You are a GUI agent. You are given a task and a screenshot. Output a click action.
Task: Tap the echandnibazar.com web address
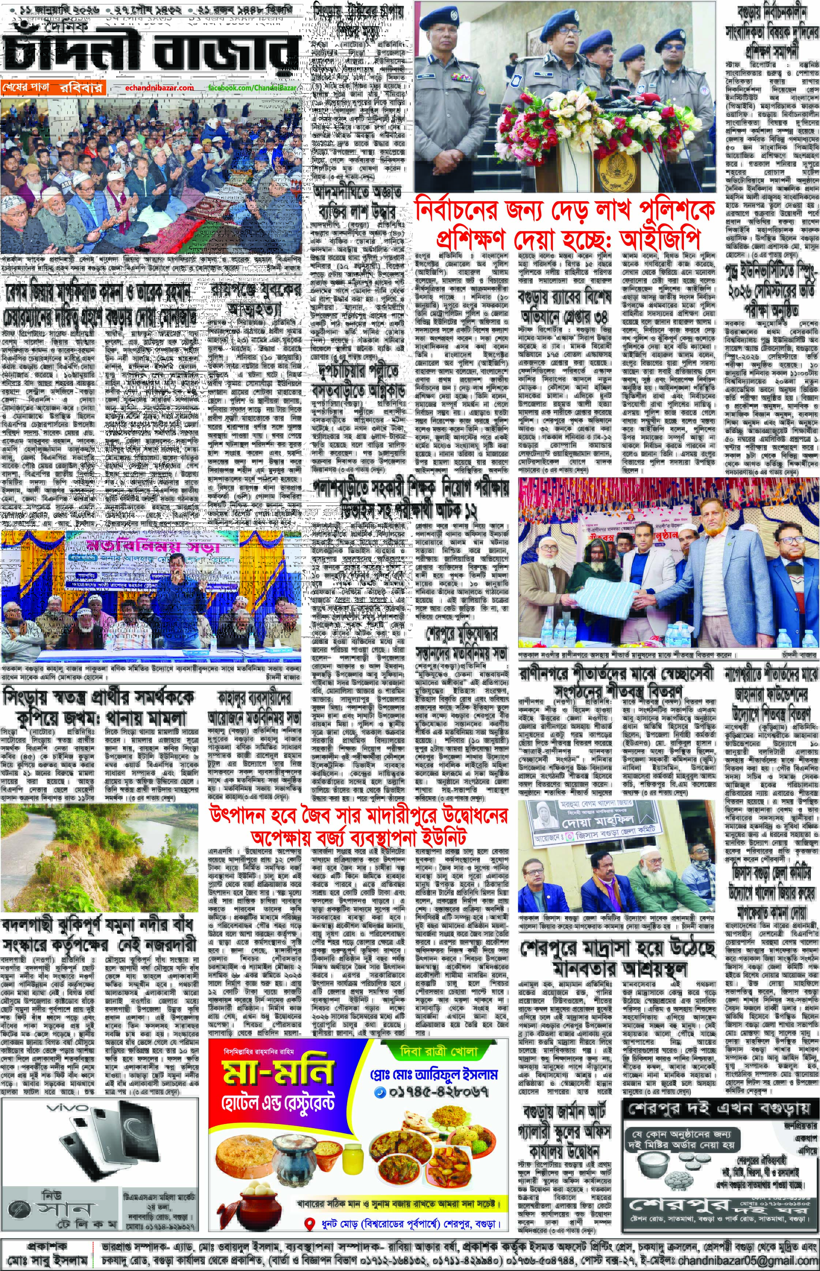click(160, 87)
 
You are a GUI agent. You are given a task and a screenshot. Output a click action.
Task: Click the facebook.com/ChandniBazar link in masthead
click(252, 87)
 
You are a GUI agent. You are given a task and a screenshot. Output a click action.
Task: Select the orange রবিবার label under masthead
click(81, 87)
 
